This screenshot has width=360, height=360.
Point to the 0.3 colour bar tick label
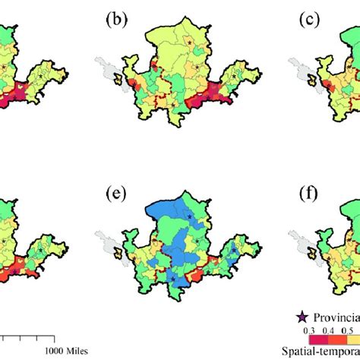point(309,331)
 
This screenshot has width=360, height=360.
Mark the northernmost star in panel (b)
point(189,43)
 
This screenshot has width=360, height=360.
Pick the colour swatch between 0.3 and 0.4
point(318,339)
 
